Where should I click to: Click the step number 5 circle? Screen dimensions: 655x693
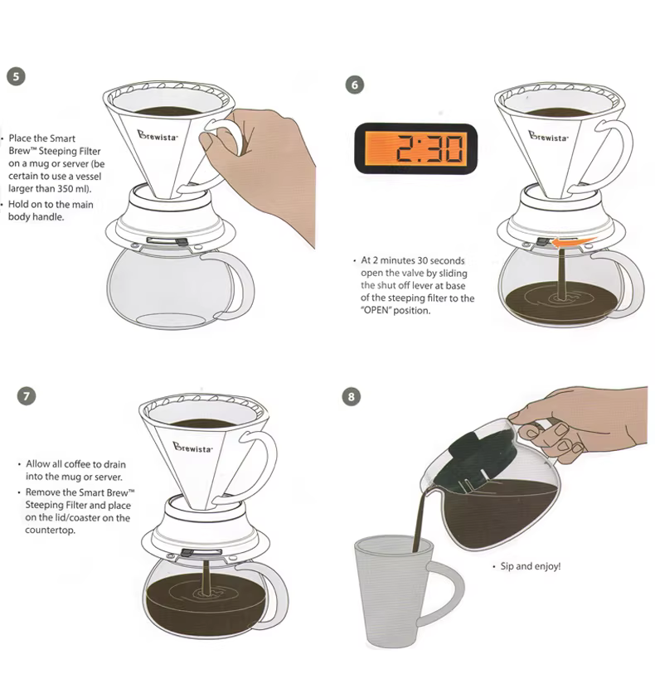[16, 76]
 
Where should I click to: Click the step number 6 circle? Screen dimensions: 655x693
[355, 85]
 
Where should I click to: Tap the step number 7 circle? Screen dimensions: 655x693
[27, 395]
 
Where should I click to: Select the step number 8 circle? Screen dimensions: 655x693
[352, 396]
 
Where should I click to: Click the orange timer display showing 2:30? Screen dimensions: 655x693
[416, 148]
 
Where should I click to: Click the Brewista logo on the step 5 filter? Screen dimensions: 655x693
[158, 136]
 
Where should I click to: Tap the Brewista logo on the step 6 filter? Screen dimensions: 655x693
[549, 136]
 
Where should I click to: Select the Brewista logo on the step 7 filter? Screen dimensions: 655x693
[192, 448]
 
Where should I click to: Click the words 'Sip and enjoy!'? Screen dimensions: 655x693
[531, 566]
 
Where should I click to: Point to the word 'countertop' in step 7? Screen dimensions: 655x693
[50, 530]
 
